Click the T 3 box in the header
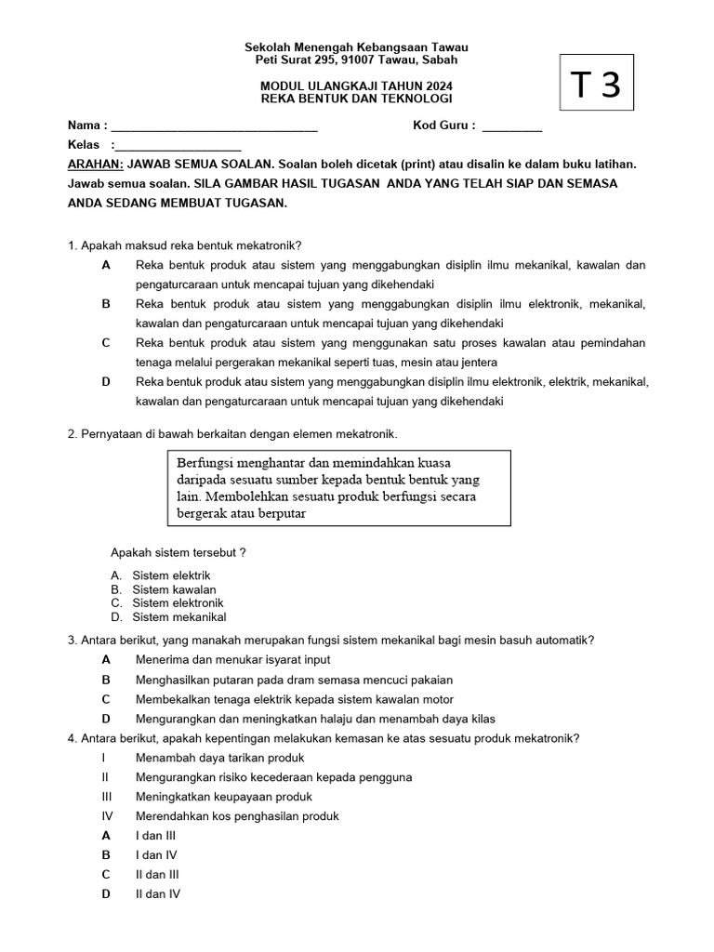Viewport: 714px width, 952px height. tap(598, 85)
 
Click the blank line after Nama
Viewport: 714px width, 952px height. tap(214, 128)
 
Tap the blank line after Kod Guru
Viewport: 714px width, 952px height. tap(512, 128)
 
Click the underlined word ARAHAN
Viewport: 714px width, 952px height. tap(96, 164)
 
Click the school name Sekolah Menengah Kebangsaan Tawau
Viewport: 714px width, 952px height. tap(356, 47)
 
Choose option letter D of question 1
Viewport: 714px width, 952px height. tap(106, 382)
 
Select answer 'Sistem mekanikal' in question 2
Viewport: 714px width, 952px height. tap(178, 617)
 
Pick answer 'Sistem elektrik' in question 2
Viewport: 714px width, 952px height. tap(171, 576)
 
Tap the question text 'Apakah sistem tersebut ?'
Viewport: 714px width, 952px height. tap(178, 552)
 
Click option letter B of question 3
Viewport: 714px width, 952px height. tap(106, 680)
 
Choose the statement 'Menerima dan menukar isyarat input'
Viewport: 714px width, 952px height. tap(232, 659)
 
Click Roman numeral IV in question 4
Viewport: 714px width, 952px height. tap(106, 816)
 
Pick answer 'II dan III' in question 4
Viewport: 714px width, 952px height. tap(157, 875)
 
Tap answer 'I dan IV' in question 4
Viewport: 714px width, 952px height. tap(156, 855)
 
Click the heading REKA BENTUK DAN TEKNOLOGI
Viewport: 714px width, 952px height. tap(356, 99)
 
